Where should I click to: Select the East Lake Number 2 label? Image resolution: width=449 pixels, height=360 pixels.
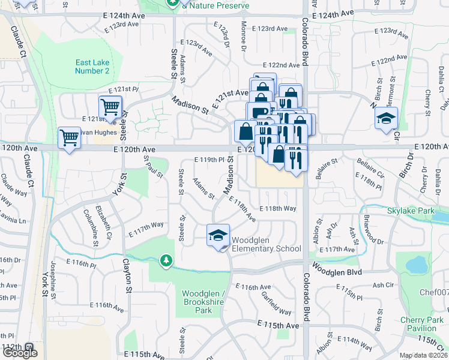coord(92,67)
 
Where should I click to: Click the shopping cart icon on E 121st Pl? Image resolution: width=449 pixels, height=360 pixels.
coord(110,107)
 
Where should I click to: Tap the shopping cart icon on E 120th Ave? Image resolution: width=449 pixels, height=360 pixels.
coord(70,138)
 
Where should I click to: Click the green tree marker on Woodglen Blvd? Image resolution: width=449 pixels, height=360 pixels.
coord(166,261)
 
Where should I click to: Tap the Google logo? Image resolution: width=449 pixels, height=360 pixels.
coord(19,353)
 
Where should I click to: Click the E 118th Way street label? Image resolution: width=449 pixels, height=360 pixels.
coord(278,208)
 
